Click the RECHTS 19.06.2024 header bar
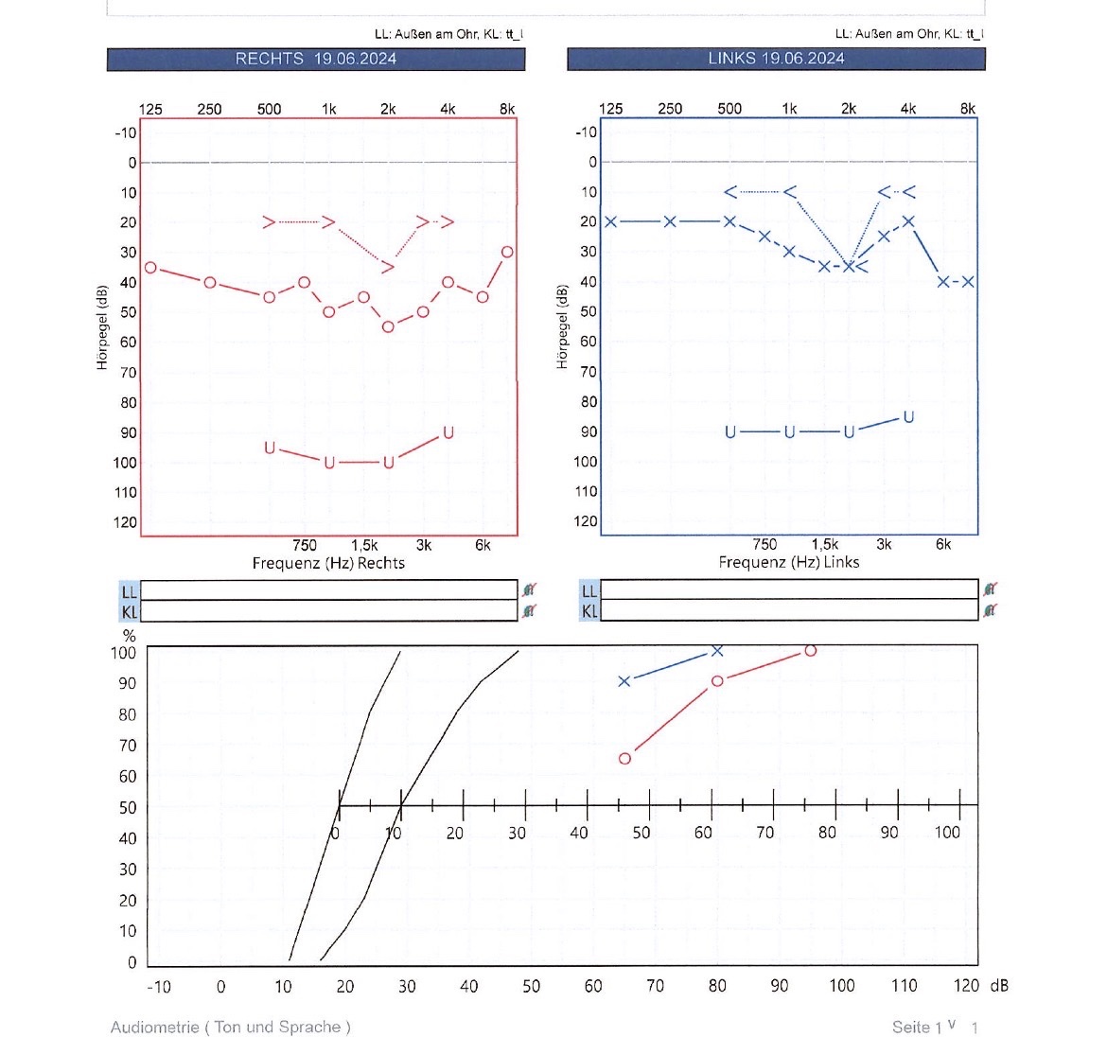(315, 59)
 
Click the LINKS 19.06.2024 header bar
(776, 59)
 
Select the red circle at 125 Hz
(150, 268)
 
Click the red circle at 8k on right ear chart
(508, 252)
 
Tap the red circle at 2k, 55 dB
(388, 327)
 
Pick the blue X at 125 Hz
(611, 221)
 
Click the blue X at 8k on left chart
(968, 282)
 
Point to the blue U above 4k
(908, 417)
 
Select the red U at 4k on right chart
(448, 433)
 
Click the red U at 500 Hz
(270, 448)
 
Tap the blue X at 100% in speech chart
(717, 651)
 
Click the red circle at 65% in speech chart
(624, 759)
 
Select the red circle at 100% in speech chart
(810, 651)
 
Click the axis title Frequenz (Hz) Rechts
(328, 563)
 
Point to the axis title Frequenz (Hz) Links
(789, 562)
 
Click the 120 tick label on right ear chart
(126, 522)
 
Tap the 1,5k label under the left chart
(824, 544)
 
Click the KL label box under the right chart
(129, 611)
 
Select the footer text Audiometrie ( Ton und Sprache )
(230, 1027)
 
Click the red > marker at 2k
(388, 267)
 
